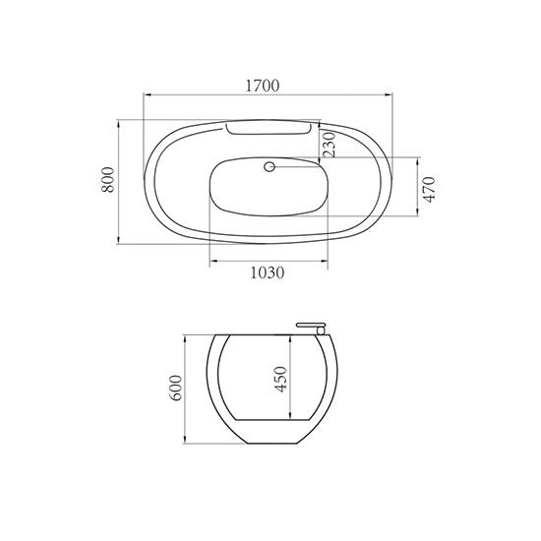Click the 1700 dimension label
(263, 86)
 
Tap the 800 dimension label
(107, 180)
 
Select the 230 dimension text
(330, 145)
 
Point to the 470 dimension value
(429, 190)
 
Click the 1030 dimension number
(268, 272)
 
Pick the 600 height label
(175, 388)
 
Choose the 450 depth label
(280, 380)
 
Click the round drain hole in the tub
(270, 167)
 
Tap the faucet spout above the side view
(311, 325)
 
